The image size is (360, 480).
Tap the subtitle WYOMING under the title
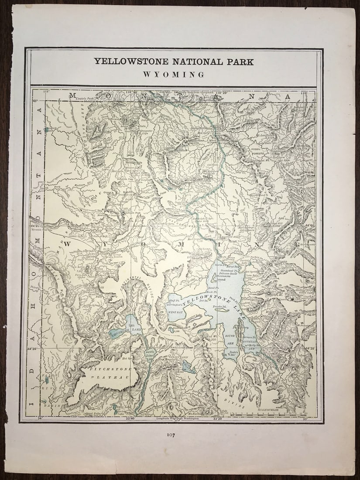pyautogui.click(x=174, y=75)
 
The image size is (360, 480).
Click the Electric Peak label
pyautogui.click(x=85, y=99)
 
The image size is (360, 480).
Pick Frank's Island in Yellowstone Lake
pyautogui.click(x=219, y=307)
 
